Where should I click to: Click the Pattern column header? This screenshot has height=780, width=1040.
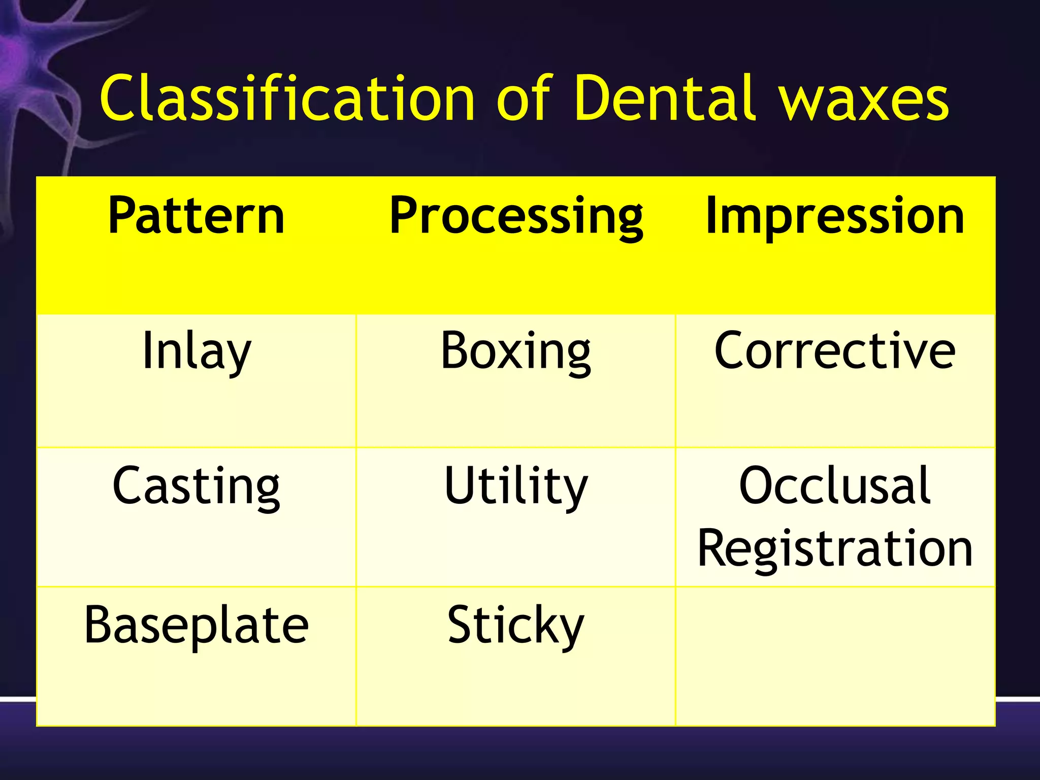click(196, 216)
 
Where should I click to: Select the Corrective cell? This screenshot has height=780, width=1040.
click(835, 350)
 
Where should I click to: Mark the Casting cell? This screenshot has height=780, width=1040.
click(196, 486)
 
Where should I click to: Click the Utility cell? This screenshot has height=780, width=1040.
click(515, 486)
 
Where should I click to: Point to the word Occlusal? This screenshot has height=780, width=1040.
click(835, 486)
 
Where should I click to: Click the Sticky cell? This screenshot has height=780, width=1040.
click(515, 626)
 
